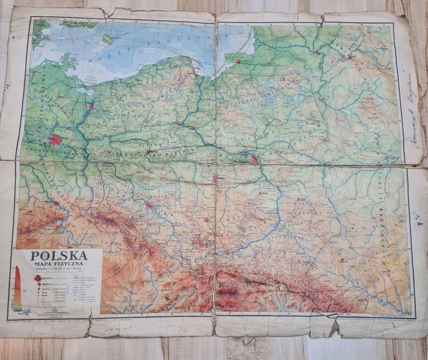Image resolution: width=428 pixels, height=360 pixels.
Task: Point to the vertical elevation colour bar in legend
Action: [x=17, y=288]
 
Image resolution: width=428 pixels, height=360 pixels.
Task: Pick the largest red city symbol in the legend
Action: [x=38, y=279]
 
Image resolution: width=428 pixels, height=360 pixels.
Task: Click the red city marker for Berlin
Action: [x=55, y=139]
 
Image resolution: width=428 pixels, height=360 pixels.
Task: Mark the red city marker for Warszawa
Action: [x=256, y=160]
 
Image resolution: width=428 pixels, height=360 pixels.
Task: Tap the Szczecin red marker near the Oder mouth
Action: [x=91, y=106]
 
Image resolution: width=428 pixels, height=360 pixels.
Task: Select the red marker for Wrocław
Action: [x=148, y=205]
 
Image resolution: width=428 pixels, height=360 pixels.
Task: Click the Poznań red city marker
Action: [x=148, y=152]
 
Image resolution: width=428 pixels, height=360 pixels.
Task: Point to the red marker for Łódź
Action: [x=215, y=178]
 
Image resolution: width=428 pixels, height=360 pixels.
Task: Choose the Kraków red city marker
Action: [x=226, y=252]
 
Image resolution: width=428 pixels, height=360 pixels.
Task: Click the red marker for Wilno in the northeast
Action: [x=350, y=58]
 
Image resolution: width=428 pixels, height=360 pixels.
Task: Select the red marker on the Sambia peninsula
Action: [x=238, y=62]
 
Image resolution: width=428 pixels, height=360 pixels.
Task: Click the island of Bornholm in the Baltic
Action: [x=107, y=39]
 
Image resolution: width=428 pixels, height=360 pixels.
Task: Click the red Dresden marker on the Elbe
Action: [x=55, y=203]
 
